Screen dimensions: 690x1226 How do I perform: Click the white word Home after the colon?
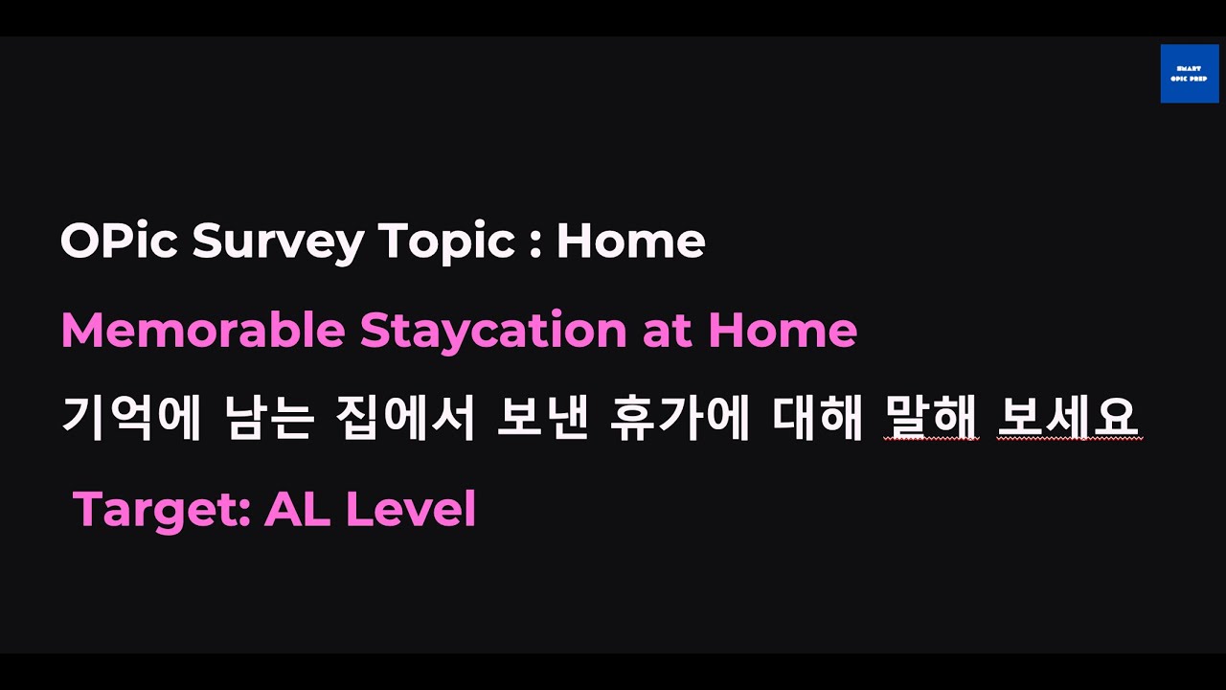coord(630,241)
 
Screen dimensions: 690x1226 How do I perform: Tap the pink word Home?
coord(783,331)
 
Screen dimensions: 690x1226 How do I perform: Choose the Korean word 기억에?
coord(131,419)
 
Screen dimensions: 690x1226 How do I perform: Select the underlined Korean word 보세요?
coord(1069,419)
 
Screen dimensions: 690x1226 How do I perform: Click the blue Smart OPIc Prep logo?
coord(1189,74)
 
